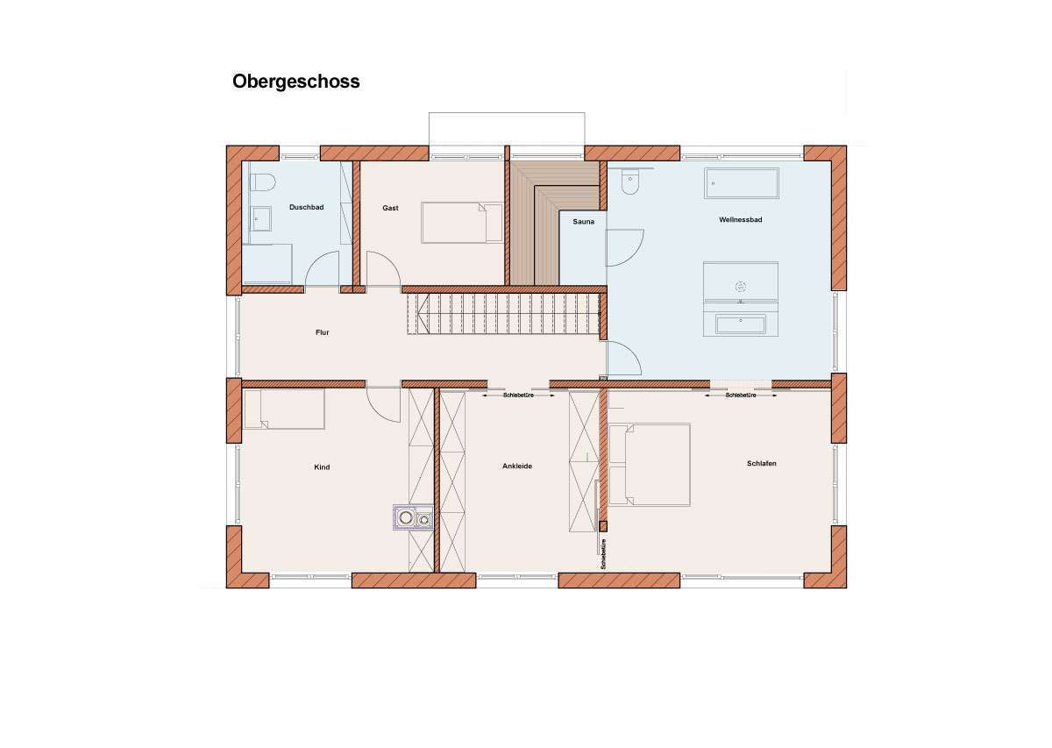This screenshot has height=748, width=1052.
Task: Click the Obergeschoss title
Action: (296, 82)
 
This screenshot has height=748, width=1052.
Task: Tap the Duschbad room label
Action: (306, 207)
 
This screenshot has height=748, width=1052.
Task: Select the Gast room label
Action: (390, 208)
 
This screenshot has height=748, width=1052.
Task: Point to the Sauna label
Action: (583, 222)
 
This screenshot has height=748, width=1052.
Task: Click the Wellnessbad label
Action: (740, 219)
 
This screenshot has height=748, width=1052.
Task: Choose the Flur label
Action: (323, 332)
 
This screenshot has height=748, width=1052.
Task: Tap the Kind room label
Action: (322, 467)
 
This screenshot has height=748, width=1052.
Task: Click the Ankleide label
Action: (517, 467)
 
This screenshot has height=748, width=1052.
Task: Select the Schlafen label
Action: (761, 463)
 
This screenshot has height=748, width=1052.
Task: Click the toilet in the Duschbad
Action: (262, 182)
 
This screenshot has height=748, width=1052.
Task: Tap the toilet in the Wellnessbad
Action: (629, 182)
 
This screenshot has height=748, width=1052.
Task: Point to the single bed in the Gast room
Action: (462, 223)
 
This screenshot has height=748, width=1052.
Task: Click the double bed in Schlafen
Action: (649, 465)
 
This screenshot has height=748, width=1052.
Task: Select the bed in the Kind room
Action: (284, 409)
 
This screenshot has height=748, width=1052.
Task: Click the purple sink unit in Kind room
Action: (413, 517)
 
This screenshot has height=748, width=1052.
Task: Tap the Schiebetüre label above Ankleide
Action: (518, 395)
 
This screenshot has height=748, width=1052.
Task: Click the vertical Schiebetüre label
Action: (603, 554)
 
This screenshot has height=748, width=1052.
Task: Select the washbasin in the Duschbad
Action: (260, 219)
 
